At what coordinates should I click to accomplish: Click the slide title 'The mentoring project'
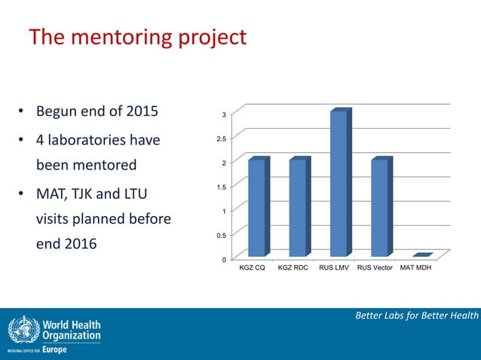tap(137, 37)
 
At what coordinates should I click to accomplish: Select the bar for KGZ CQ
tap(256, 207)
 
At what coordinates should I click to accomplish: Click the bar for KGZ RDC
tap(297, 207)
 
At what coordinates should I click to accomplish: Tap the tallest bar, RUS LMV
tap(339, 183)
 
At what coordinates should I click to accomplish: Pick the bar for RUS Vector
tap(379, 207)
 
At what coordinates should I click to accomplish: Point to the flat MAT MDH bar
tap(421, 255)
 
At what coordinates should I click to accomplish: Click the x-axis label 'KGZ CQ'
tap(252, 268)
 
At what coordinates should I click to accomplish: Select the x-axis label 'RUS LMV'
tap(334, 268)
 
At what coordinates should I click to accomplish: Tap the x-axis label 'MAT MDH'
tap(417, 268)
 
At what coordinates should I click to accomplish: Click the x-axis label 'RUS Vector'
tap(375, 268)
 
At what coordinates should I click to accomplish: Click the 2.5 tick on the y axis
tap(219, 139)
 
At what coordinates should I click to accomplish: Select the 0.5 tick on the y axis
tap(219, 236)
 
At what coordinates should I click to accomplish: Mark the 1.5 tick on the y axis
tap(219, 187)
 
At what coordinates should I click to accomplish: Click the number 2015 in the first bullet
tap(137, 112)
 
